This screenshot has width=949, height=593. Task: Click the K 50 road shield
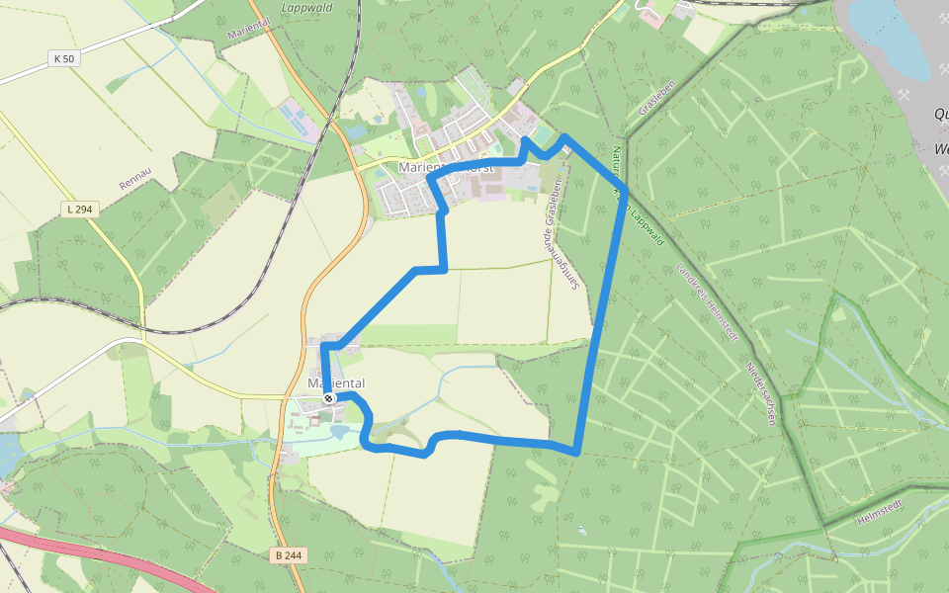(x=64, y=59)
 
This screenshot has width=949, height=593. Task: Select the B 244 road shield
(x=287, y=555)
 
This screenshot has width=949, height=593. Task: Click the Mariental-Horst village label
(x=445, y=168)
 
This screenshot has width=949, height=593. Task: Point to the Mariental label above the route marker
(x=336, y=382)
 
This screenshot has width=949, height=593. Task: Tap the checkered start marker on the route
(x=329, y=398)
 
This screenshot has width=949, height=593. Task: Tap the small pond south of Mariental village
(x=341, y=432)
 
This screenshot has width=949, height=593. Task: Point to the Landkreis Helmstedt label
(x=707, y=302)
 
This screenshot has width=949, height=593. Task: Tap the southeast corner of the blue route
(x=575, y=452)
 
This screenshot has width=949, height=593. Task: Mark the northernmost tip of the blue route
(x=562, y=136)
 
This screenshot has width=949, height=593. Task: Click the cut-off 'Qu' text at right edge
(x=940, y=114)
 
